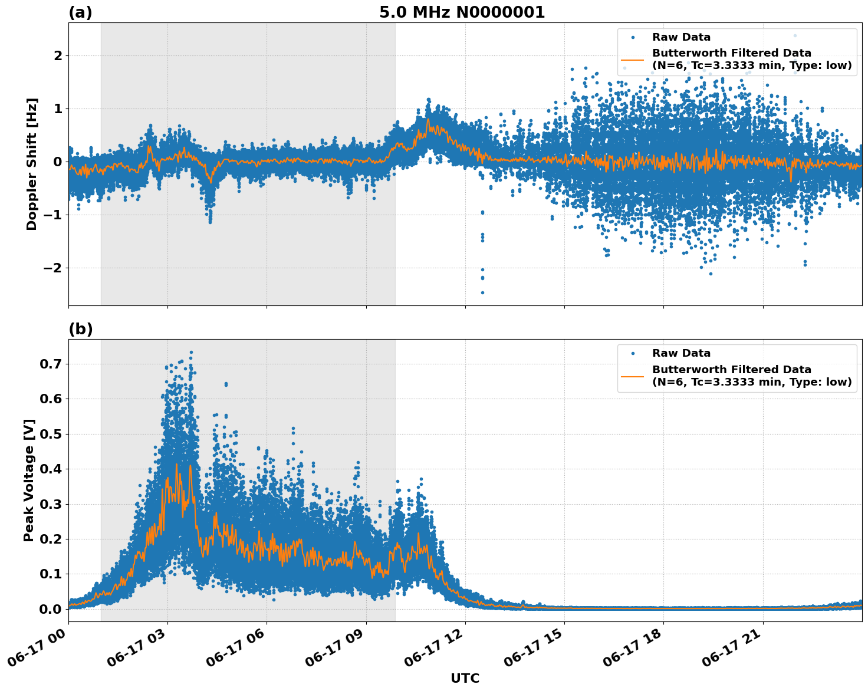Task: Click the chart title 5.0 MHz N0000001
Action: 462,12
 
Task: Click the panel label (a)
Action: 80,12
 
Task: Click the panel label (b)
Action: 80,329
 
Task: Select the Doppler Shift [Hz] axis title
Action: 32,164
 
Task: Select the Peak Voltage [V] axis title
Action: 29,480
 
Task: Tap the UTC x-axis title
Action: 465,678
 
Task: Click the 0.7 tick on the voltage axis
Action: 51,364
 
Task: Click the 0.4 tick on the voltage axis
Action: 51,469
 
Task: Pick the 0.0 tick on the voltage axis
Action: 51,609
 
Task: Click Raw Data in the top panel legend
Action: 681,37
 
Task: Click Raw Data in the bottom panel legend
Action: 681,353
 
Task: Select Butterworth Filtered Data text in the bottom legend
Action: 731,370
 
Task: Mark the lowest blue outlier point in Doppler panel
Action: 482,292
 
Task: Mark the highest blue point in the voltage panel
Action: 191,352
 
